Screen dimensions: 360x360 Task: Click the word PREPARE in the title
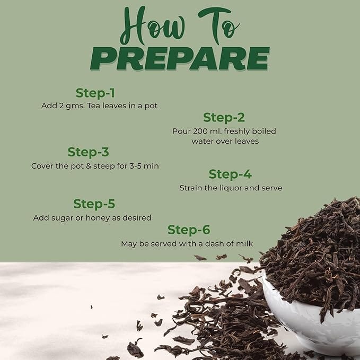[x=180, y=58]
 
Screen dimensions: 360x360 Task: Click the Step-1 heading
[x=95, y=93]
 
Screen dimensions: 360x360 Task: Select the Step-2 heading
[x=224, y=118]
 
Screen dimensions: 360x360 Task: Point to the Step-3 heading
[x=89, y=152]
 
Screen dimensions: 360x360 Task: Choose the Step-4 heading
[x=230, y=174]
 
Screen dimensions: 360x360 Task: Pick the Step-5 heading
[x=94, y=204]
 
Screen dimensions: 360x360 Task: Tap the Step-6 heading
[x=189, y=230]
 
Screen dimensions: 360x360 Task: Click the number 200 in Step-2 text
[x=200, y=131]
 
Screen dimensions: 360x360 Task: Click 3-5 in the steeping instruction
[x=135, y=166]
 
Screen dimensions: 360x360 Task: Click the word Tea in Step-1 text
[x=94, y=106]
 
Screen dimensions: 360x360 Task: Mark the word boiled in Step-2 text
[x=264, y=131]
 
